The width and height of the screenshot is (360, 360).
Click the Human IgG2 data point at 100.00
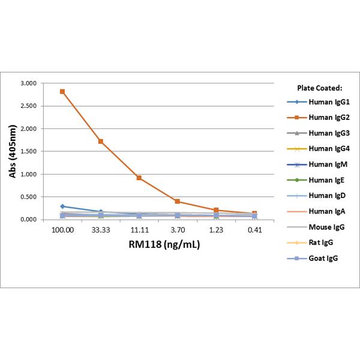tap(62, 92)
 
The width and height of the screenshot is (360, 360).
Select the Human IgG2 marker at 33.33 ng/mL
tap(101, 142)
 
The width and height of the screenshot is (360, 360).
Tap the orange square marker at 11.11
tap(139, 178)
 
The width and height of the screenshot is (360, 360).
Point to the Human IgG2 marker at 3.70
tap(178, 202)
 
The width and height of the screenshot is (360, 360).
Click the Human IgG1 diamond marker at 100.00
tap(62, 206)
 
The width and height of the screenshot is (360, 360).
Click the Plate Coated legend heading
tap(319, 87)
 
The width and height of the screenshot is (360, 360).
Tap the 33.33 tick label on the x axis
tap(101, 230)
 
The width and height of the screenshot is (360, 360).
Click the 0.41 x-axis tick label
tap(254, 230)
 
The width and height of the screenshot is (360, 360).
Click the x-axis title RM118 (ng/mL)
tap(158, 245)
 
